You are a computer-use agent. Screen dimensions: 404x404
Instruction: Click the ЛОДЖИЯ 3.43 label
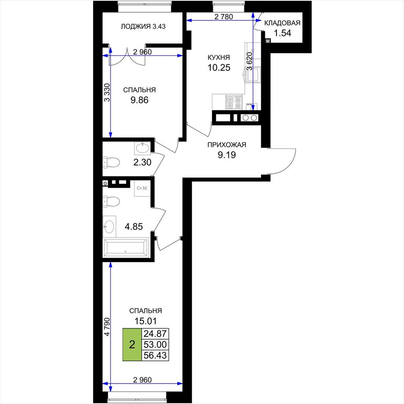click(143, 26)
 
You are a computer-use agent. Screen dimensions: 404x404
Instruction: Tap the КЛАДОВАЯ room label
click(282, 23)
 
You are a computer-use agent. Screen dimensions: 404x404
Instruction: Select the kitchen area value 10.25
click(219, 67)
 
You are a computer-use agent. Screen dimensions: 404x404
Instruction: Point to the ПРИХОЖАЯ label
click(227, 145)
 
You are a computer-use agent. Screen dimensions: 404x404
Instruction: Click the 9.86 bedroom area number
click(139, 100)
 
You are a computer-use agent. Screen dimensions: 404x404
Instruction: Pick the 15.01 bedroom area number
click(146, 321)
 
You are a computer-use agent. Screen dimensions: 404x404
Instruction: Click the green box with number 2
click(132, 344)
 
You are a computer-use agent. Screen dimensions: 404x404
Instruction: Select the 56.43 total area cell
click(155, 355)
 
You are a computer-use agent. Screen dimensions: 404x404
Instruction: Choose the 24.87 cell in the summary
click(155, 334)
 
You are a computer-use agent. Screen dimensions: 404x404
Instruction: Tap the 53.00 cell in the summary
click(155, 344)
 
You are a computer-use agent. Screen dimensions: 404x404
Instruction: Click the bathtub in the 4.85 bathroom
click(126, 247)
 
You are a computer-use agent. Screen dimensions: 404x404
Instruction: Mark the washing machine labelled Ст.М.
click(142, 188)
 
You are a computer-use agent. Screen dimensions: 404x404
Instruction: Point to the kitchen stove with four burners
click(234, 102)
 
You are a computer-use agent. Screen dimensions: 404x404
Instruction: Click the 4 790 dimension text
click(107, 326)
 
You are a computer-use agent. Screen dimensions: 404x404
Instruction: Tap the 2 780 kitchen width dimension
click(224, 17)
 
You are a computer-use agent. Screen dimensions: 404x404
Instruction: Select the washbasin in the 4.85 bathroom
click(110, 226)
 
